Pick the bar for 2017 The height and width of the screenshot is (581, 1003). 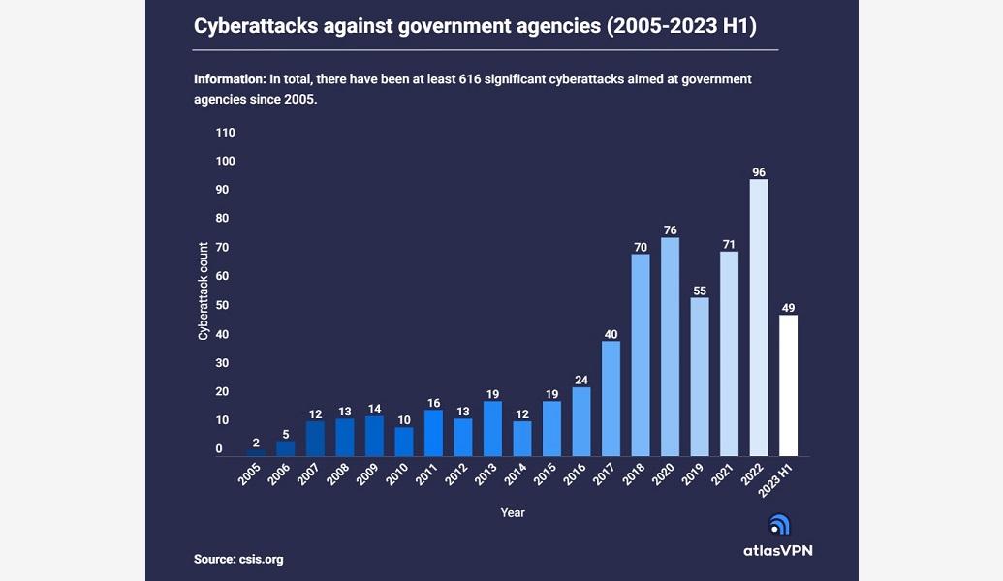(611, 398)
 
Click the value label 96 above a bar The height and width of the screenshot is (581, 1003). (759, 172)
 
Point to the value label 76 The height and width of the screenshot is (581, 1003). (670, 229)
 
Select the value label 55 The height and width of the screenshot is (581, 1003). (700, 290)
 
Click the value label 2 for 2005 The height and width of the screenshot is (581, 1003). (256, 443)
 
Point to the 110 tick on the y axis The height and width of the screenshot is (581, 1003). (225, 132)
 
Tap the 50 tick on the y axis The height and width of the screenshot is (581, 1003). (222, 305)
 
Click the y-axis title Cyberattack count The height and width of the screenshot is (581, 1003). (204, 290)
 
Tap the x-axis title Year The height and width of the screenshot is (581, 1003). (513, 512)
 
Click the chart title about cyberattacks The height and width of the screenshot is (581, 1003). (477, 26)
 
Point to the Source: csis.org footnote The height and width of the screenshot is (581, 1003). (238, 559)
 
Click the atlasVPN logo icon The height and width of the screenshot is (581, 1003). (779, 524)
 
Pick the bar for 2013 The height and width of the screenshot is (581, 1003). (492, 428)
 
